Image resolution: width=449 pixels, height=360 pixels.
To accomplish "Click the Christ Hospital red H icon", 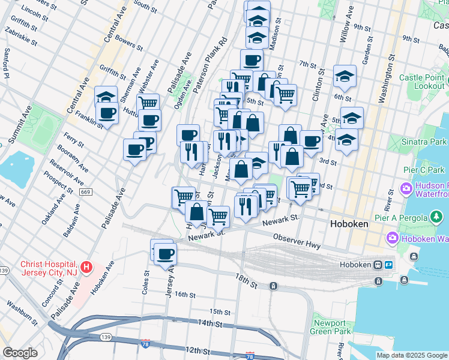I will coord(86,266).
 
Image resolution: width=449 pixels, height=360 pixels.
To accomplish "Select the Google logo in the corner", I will coord(20,353).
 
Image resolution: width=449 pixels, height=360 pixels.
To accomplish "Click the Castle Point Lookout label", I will coord(421,82).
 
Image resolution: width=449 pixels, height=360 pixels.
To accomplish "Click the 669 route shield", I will coord(85,191).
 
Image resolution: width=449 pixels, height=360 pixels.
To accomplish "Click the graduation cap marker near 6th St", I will coord(345,76).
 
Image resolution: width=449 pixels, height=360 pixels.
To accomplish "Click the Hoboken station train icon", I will coord(378,265).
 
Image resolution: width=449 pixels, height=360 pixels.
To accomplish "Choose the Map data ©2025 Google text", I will coord(412,355).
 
